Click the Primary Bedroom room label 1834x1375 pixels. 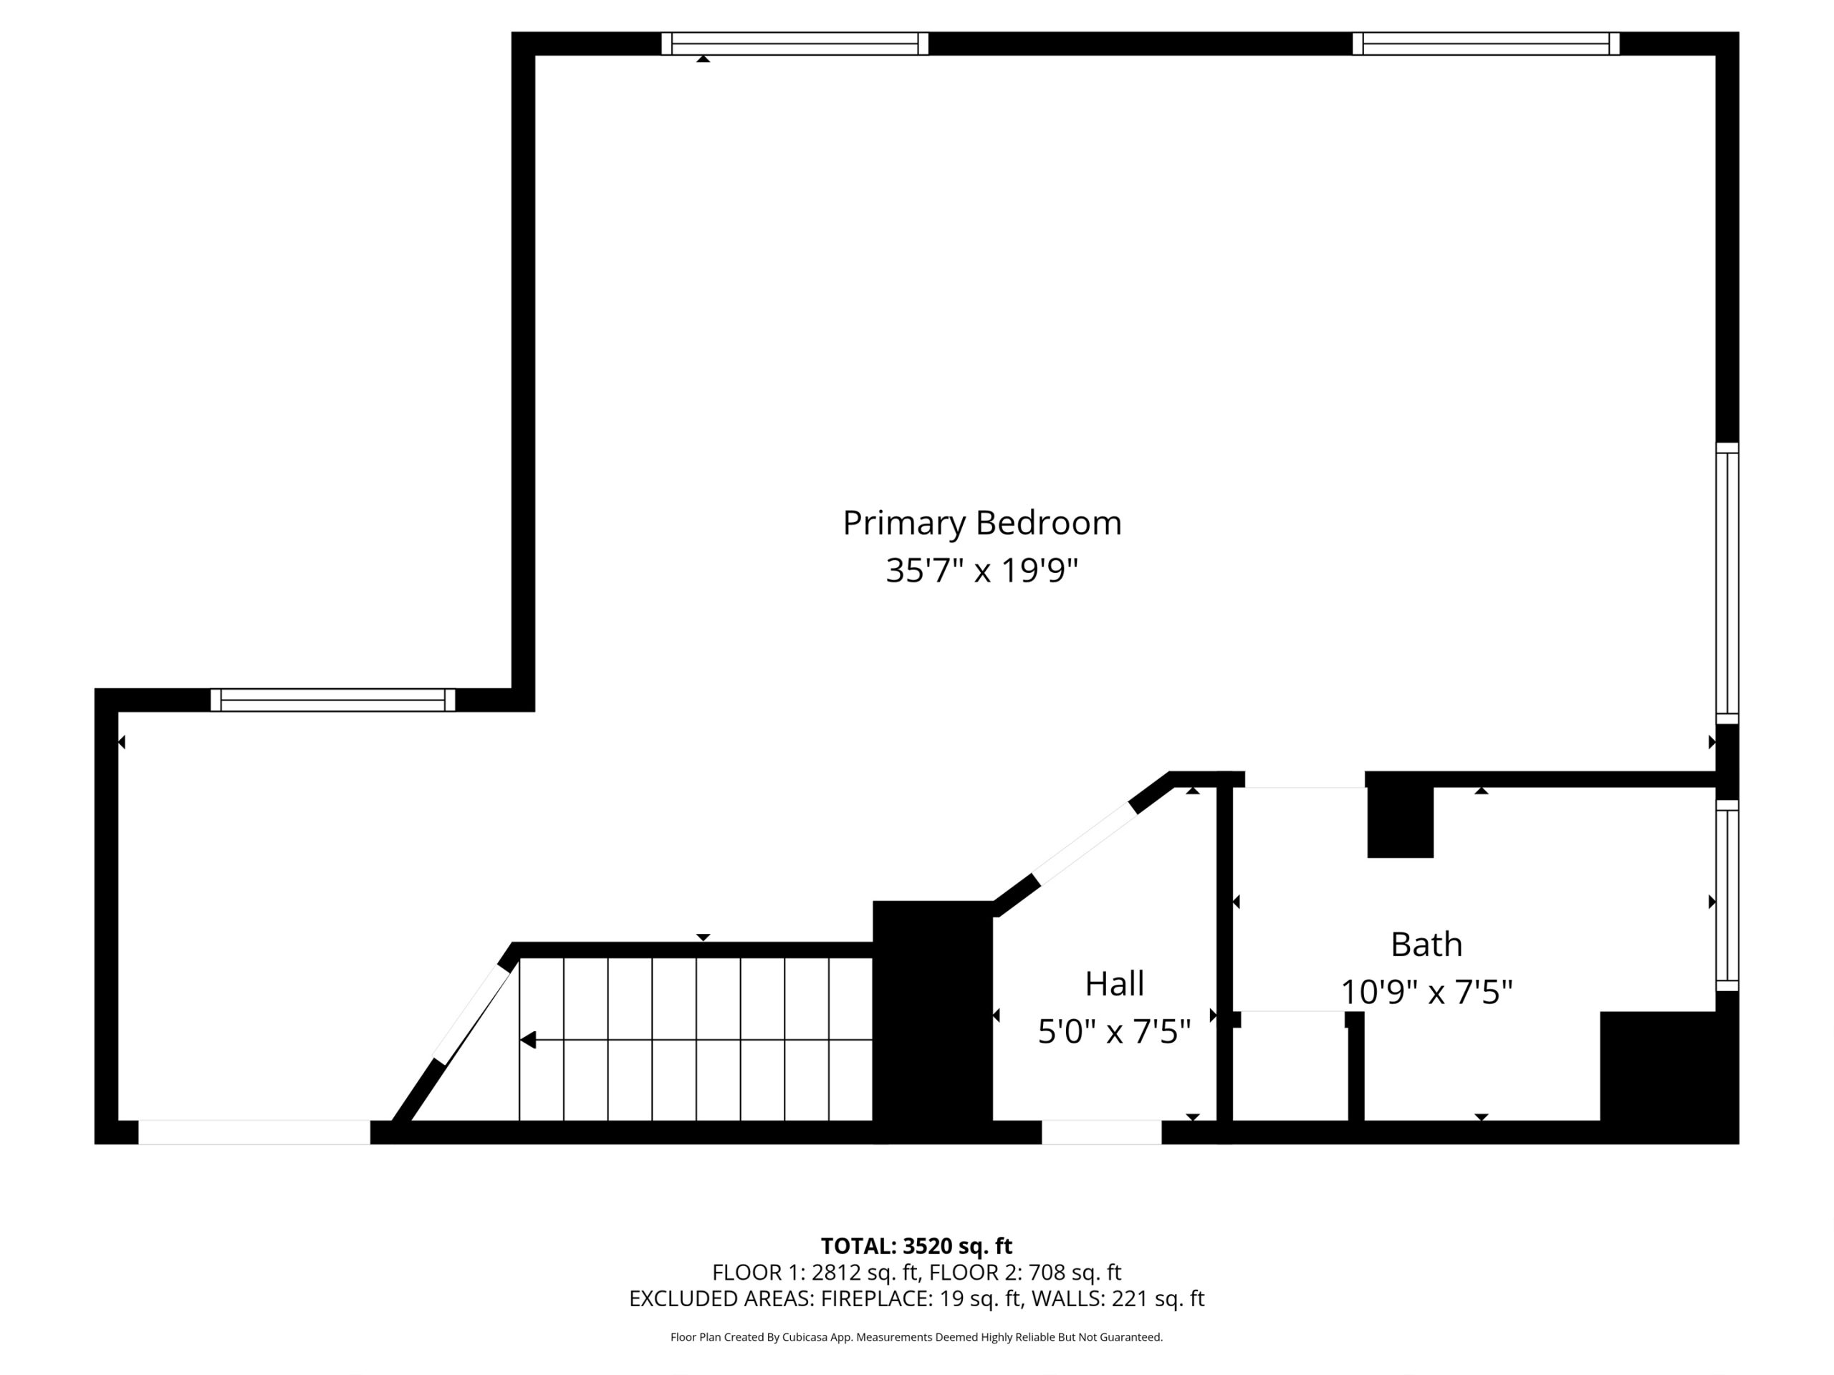(x=981, y=523)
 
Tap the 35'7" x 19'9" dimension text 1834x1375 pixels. (x=981, y=570)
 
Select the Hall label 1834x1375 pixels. (x=1114, y=984)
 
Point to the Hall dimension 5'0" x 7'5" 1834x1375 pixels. (x=1114, y=1032)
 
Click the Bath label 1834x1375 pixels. (x=1426, y=944)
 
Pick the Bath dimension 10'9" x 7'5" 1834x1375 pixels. (x=1426, y=992)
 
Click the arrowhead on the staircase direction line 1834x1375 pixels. (x=528, y=1039)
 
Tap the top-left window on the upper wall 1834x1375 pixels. (x=794, y=43)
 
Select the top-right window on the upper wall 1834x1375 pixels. (x=1485, y=43)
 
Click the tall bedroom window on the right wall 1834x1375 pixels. (x=1727, y=584)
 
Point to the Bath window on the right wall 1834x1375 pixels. (x=1727, y=895)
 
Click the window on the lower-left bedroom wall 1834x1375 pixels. (x=332, y=700)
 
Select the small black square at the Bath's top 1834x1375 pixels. (x=1400, y=821)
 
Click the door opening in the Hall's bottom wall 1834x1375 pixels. (x=1101, y=1132)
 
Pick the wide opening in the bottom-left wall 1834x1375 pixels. (x=254, y=1132)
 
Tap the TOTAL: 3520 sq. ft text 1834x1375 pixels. (x=916, y=1245)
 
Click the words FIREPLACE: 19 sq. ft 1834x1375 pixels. (x=921, y=1299)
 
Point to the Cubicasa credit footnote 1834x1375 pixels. (x=916, y=1337)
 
